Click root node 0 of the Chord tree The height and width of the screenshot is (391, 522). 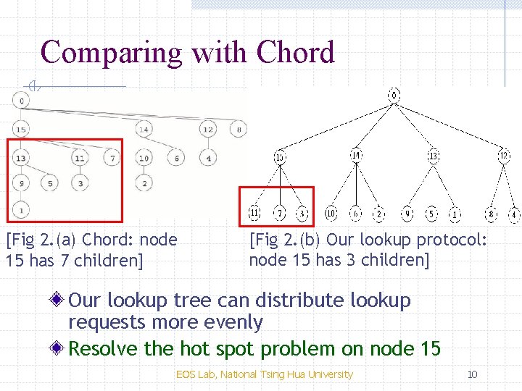click(22, 100)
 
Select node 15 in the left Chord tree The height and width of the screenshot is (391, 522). click(21, 130)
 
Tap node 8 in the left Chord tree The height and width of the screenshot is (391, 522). click(239, 130)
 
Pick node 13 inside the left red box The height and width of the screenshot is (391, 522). click(21, 158)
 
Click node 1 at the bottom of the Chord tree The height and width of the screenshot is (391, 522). click(22, 210)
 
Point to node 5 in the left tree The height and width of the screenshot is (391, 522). click(49, 183)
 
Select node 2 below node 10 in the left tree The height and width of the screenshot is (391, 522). click(144, 183)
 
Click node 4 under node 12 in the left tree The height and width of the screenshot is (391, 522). click(208, 158)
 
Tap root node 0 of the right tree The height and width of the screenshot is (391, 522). click(394, 95)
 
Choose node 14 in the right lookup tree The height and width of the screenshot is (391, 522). click(356, 155)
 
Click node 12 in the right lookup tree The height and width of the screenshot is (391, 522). click(504, 155)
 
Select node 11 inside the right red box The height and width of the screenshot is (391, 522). click(254, 214)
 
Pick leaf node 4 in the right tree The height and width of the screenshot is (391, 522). click(513, 214)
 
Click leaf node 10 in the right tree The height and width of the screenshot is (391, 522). click(331, 214)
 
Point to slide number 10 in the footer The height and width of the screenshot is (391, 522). click(472, 374)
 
